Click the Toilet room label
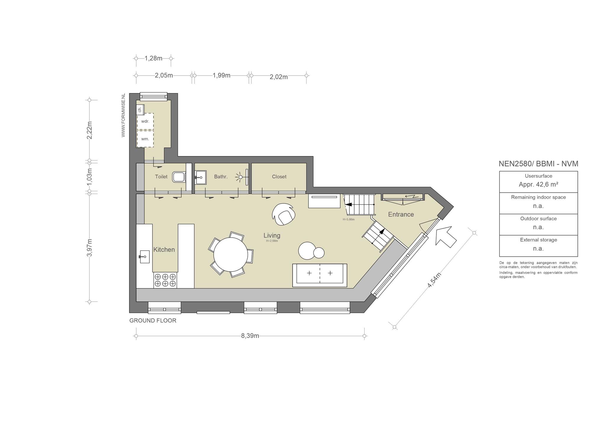click(x=161, y=177)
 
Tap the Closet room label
click(x=279, y=177)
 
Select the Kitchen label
click(x=164, y=250)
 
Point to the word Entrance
click(x=401, y=215)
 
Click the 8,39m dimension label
click(x=250, y=336)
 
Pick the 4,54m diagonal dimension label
click(x=434, y=280)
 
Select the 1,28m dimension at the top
click(x=153, y=59)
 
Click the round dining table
click(x=231, y=254)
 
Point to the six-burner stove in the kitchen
click(x=165, y=280)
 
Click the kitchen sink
click(x=144, y=257)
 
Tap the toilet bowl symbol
click(x=179, y=177)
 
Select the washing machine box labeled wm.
click(x=145, y=139)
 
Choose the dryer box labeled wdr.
click(x=145, y=121)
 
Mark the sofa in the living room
click(x=320, y=275)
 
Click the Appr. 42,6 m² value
click(x=538, y=184)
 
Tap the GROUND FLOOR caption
click(x=153, y=320)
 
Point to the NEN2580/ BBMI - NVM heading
click(x=538, y=164)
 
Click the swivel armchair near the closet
click(x=283, y=214)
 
